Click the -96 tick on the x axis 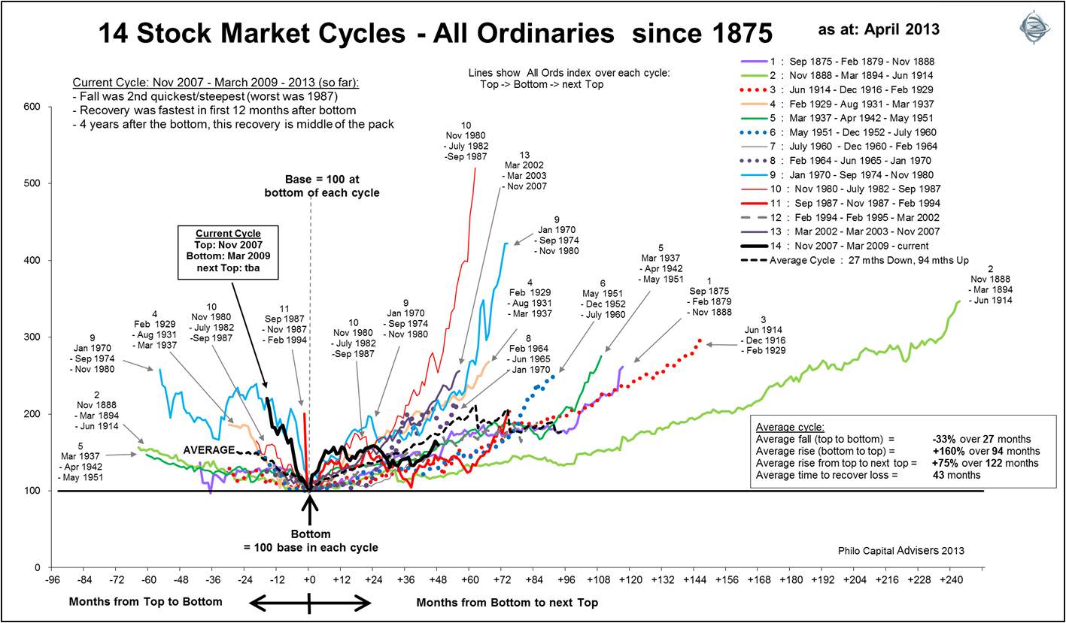pos(52,580)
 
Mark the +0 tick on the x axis pos(309,580)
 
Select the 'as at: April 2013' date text pos(879,29)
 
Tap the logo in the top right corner pos(1034,29)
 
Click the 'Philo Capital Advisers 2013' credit pos(901,551)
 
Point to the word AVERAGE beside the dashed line pos(209,449)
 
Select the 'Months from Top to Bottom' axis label pos(145,601)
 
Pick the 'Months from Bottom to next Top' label pos(507,602)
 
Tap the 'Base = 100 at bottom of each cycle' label pos(322,186)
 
